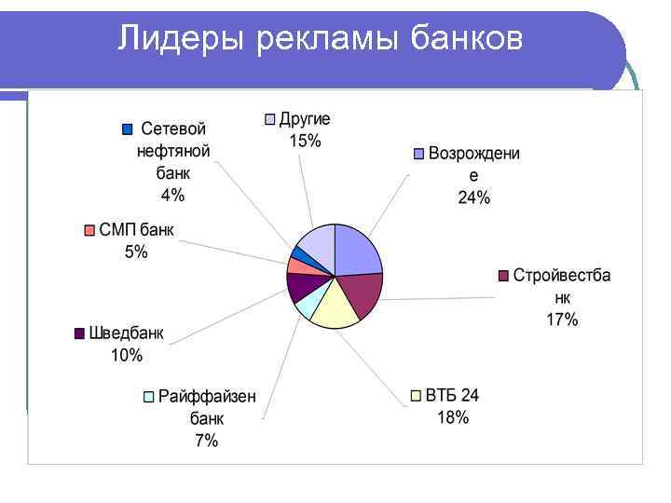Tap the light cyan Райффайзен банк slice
[309, 304]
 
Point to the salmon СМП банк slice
[299, 266]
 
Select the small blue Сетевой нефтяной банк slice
[301, 253]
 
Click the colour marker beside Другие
[270, 119]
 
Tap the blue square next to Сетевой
[128, 129]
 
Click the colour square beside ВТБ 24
[416, 396]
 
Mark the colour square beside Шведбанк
[79, 333]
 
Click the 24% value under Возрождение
[473, 197]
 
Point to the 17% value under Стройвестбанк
[562, 319]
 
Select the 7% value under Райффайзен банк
[207, 441]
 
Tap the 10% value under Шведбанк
[127, 355]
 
